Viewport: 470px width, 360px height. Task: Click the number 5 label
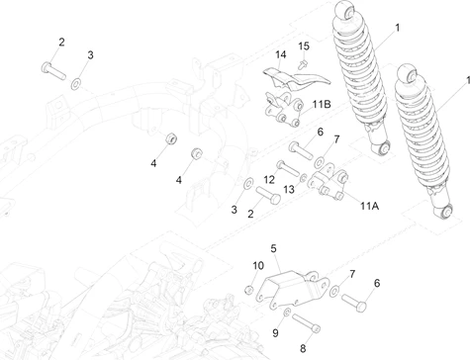click(273, 249)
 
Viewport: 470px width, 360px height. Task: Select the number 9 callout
click(275, 333)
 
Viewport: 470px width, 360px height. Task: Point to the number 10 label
click(257, 265)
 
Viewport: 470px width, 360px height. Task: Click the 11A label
click(369, 206)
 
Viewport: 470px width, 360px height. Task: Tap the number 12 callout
click(269, 179)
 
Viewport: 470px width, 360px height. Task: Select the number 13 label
click(289, 188)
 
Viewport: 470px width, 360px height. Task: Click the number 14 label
click(281, 53)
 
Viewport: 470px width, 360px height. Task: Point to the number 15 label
click(305, 46)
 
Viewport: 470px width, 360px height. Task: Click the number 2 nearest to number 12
click(250, 214)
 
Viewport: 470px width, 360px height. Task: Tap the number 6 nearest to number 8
click(375, 283)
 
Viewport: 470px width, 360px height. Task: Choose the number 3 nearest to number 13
click(234, 210)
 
